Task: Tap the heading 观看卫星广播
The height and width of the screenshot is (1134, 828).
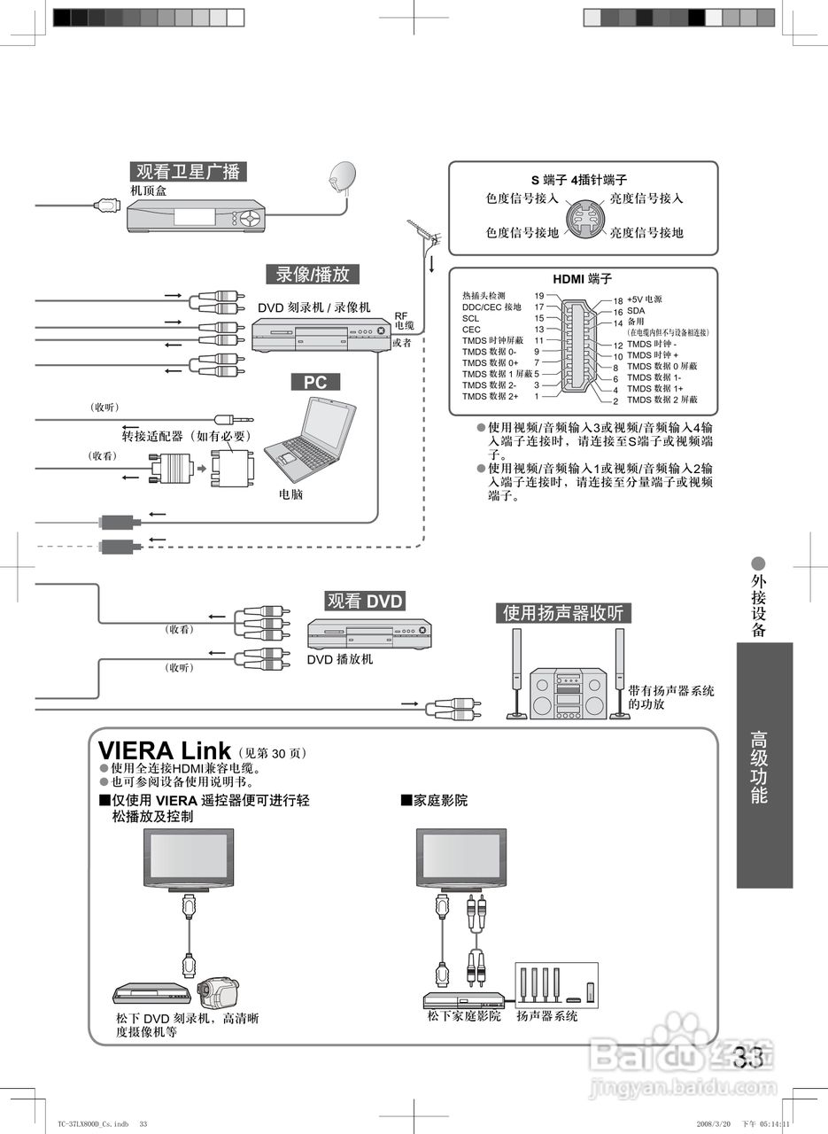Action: (188, 172)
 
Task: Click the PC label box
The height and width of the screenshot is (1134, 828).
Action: (315, 382)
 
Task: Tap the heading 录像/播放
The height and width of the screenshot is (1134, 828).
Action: (313, 274)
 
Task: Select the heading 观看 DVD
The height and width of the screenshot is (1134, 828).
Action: (365, 602)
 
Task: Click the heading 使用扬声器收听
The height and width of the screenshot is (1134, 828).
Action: (563, 613)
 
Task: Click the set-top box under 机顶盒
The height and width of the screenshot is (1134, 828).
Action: (196, 217)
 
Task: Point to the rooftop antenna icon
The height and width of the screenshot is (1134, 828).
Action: (423, 234)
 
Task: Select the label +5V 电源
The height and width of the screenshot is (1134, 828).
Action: (645, 300)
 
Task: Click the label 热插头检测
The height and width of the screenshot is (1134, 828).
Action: (484, 296)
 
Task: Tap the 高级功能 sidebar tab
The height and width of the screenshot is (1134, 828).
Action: (763, 766)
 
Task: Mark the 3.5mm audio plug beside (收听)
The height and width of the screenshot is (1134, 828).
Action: (234, 419)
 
